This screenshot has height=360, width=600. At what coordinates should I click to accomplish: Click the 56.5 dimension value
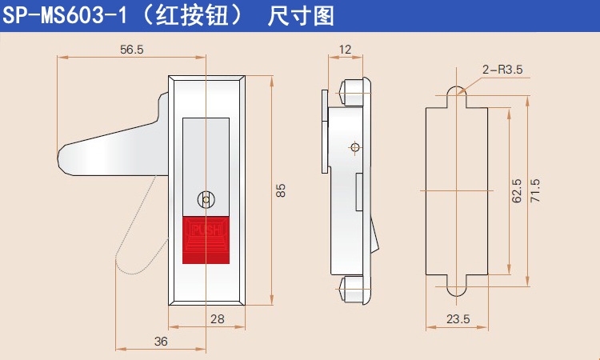point(132,50)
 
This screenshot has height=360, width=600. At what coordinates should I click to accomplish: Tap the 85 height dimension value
point(281,190)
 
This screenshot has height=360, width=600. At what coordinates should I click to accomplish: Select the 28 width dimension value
point(218,318)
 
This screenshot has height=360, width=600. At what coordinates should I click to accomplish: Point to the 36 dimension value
point(161,342)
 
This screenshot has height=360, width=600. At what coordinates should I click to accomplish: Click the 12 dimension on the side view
point(345,50)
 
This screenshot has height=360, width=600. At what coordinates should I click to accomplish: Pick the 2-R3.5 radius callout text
point(502,70)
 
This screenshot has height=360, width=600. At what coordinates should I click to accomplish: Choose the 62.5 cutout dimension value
point(517,190)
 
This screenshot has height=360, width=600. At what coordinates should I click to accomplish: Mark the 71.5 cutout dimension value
point(535,190)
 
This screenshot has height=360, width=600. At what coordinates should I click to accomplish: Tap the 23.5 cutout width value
point(458,318)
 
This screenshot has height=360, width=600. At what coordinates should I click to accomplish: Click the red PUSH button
point(206,240)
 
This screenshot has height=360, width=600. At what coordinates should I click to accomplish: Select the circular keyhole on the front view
point(206,200)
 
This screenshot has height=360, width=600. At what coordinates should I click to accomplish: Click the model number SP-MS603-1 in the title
point(65,16)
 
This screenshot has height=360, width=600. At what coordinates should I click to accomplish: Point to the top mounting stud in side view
point(353,92)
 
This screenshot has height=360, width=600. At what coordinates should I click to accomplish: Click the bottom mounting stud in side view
point(353,290)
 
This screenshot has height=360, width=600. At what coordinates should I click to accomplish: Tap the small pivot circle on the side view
point(354,147)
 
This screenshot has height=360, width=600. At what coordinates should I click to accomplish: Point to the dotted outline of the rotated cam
point(142,225)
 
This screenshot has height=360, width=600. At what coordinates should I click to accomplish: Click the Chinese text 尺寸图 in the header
point(301,17)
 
